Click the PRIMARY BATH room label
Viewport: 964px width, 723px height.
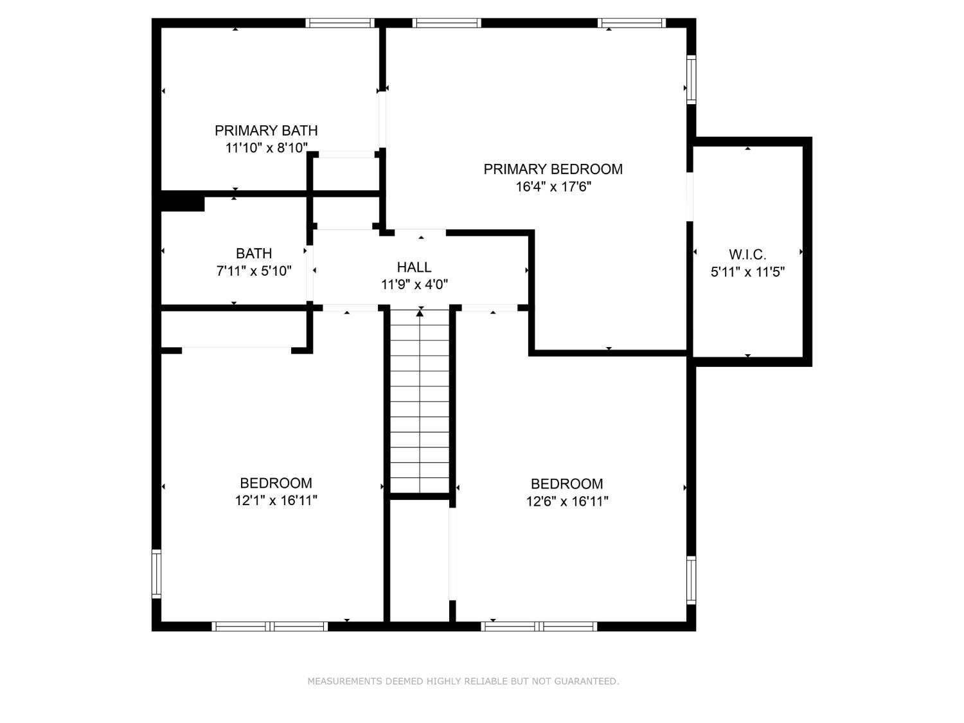265,130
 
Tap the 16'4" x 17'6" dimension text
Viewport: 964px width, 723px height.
553,186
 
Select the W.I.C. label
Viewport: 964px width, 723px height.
747,254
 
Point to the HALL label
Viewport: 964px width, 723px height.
414,267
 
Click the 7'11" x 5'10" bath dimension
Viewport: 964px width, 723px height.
253,271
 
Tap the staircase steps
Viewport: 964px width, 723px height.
420,401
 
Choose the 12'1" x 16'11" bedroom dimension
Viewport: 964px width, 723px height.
276,501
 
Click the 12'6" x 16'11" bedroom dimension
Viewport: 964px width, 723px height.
567,501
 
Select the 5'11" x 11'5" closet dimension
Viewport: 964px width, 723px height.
747,272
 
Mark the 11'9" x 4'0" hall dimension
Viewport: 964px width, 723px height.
414,285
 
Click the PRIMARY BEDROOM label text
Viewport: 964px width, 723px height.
553,169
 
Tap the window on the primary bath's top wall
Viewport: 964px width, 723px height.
340,23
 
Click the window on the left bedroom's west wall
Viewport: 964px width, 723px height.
156,573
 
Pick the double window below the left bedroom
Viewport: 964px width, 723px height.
270,627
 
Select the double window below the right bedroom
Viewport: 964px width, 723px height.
539,627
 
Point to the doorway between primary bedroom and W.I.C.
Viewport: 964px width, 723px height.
690,197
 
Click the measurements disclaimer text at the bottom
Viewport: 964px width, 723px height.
463,681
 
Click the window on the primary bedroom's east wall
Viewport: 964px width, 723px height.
692,80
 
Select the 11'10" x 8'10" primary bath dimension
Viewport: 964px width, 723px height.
266,148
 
